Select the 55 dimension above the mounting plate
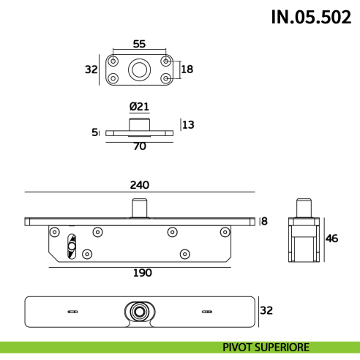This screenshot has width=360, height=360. point(140,43)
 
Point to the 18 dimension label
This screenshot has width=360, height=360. point(187,70)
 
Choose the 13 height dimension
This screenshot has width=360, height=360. point(188,125)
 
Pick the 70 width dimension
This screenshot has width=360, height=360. point(140,146)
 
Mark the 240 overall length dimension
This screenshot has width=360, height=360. point(140,184)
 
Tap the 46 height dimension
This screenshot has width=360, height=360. point(331,238)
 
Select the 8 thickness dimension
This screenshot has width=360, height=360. point(265,221)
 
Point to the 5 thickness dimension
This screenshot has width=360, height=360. point(94,132)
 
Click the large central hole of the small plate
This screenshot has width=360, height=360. point(140,70)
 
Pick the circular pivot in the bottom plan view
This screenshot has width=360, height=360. point(138,311)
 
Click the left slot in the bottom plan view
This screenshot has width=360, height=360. point(72,311)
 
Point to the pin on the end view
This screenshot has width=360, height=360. point(304,206)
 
